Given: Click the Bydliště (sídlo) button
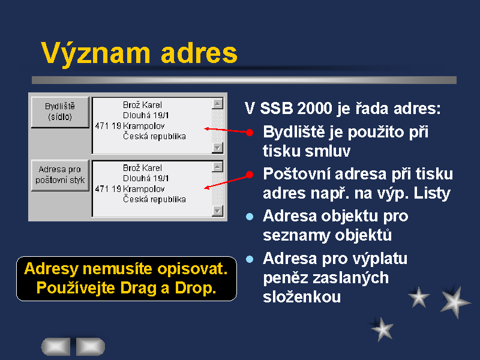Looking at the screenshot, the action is coord(60,112).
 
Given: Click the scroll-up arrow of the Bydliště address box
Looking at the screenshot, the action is coord(217,104).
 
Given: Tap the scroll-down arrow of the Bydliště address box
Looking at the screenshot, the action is coord(217,148).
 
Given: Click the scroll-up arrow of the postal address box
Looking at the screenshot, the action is coord(217,167).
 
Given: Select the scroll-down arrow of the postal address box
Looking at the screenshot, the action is coord(217,211).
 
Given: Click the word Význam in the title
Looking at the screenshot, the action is coord(96,53).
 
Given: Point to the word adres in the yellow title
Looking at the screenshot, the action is coord(199,53).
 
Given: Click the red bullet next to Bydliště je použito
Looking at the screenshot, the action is coord(250,133).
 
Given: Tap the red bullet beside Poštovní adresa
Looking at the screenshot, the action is coord(250,175).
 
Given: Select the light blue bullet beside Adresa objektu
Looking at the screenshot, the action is coord(250,217).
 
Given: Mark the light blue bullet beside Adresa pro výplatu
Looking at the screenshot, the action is coord(250,259).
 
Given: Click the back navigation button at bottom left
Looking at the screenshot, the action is coord(56,347).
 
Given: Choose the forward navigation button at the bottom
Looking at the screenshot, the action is coord(91,347).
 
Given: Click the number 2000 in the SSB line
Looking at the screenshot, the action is coord(314,109).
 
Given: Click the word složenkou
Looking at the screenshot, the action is coord(302,297).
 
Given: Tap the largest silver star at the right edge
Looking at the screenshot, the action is coord(455,302).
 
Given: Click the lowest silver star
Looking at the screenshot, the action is coord(382,329).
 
